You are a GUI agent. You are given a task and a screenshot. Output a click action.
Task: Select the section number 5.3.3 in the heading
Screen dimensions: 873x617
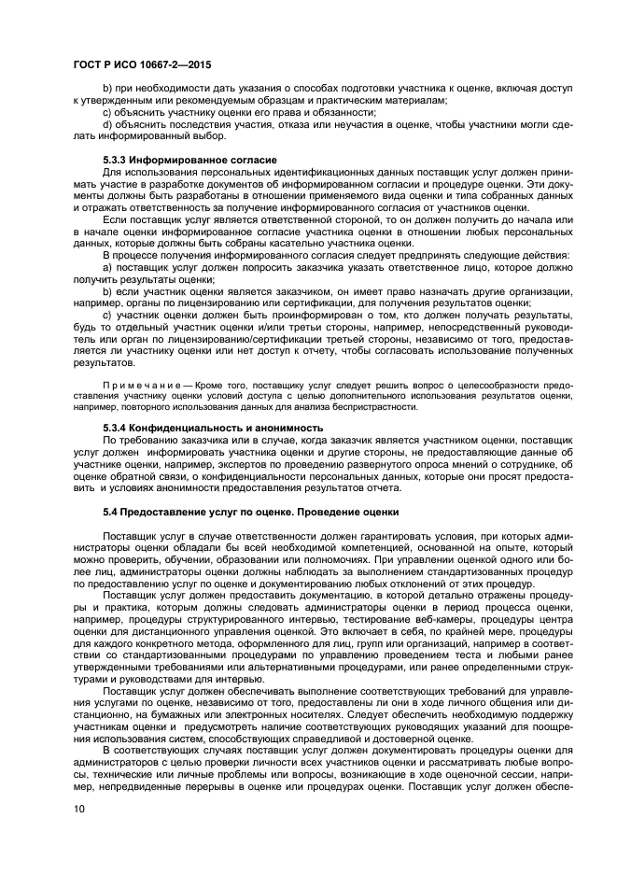point(116,161)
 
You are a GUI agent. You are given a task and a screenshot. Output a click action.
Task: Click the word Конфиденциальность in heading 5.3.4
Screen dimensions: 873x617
point(177,428)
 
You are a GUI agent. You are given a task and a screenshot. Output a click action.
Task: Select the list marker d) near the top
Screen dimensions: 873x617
point(107,124)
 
